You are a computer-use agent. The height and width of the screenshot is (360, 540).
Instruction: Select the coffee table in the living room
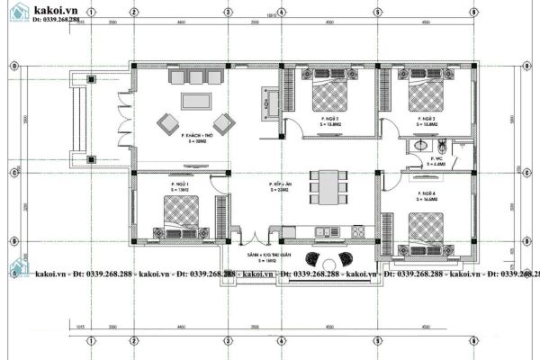click(195, 101)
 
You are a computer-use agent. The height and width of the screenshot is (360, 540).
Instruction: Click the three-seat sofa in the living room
click(195, 79)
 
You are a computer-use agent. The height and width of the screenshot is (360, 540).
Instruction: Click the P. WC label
click(421, 159)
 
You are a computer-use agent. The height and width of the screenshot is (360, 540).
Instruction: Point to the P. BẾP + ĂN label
click(279, 187)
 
